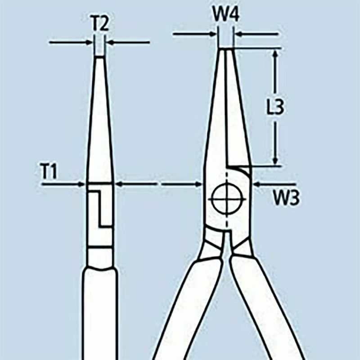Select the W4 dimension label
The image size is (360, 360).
point(225,17)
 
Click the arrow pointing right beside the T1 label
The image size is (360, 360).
point(81,184)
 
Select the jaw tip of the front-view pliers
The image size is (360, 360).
point(225,50)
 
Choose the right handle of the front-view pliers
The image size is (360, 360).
point(270,310)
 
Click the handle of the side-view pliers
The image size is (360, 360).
point(99,315)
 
